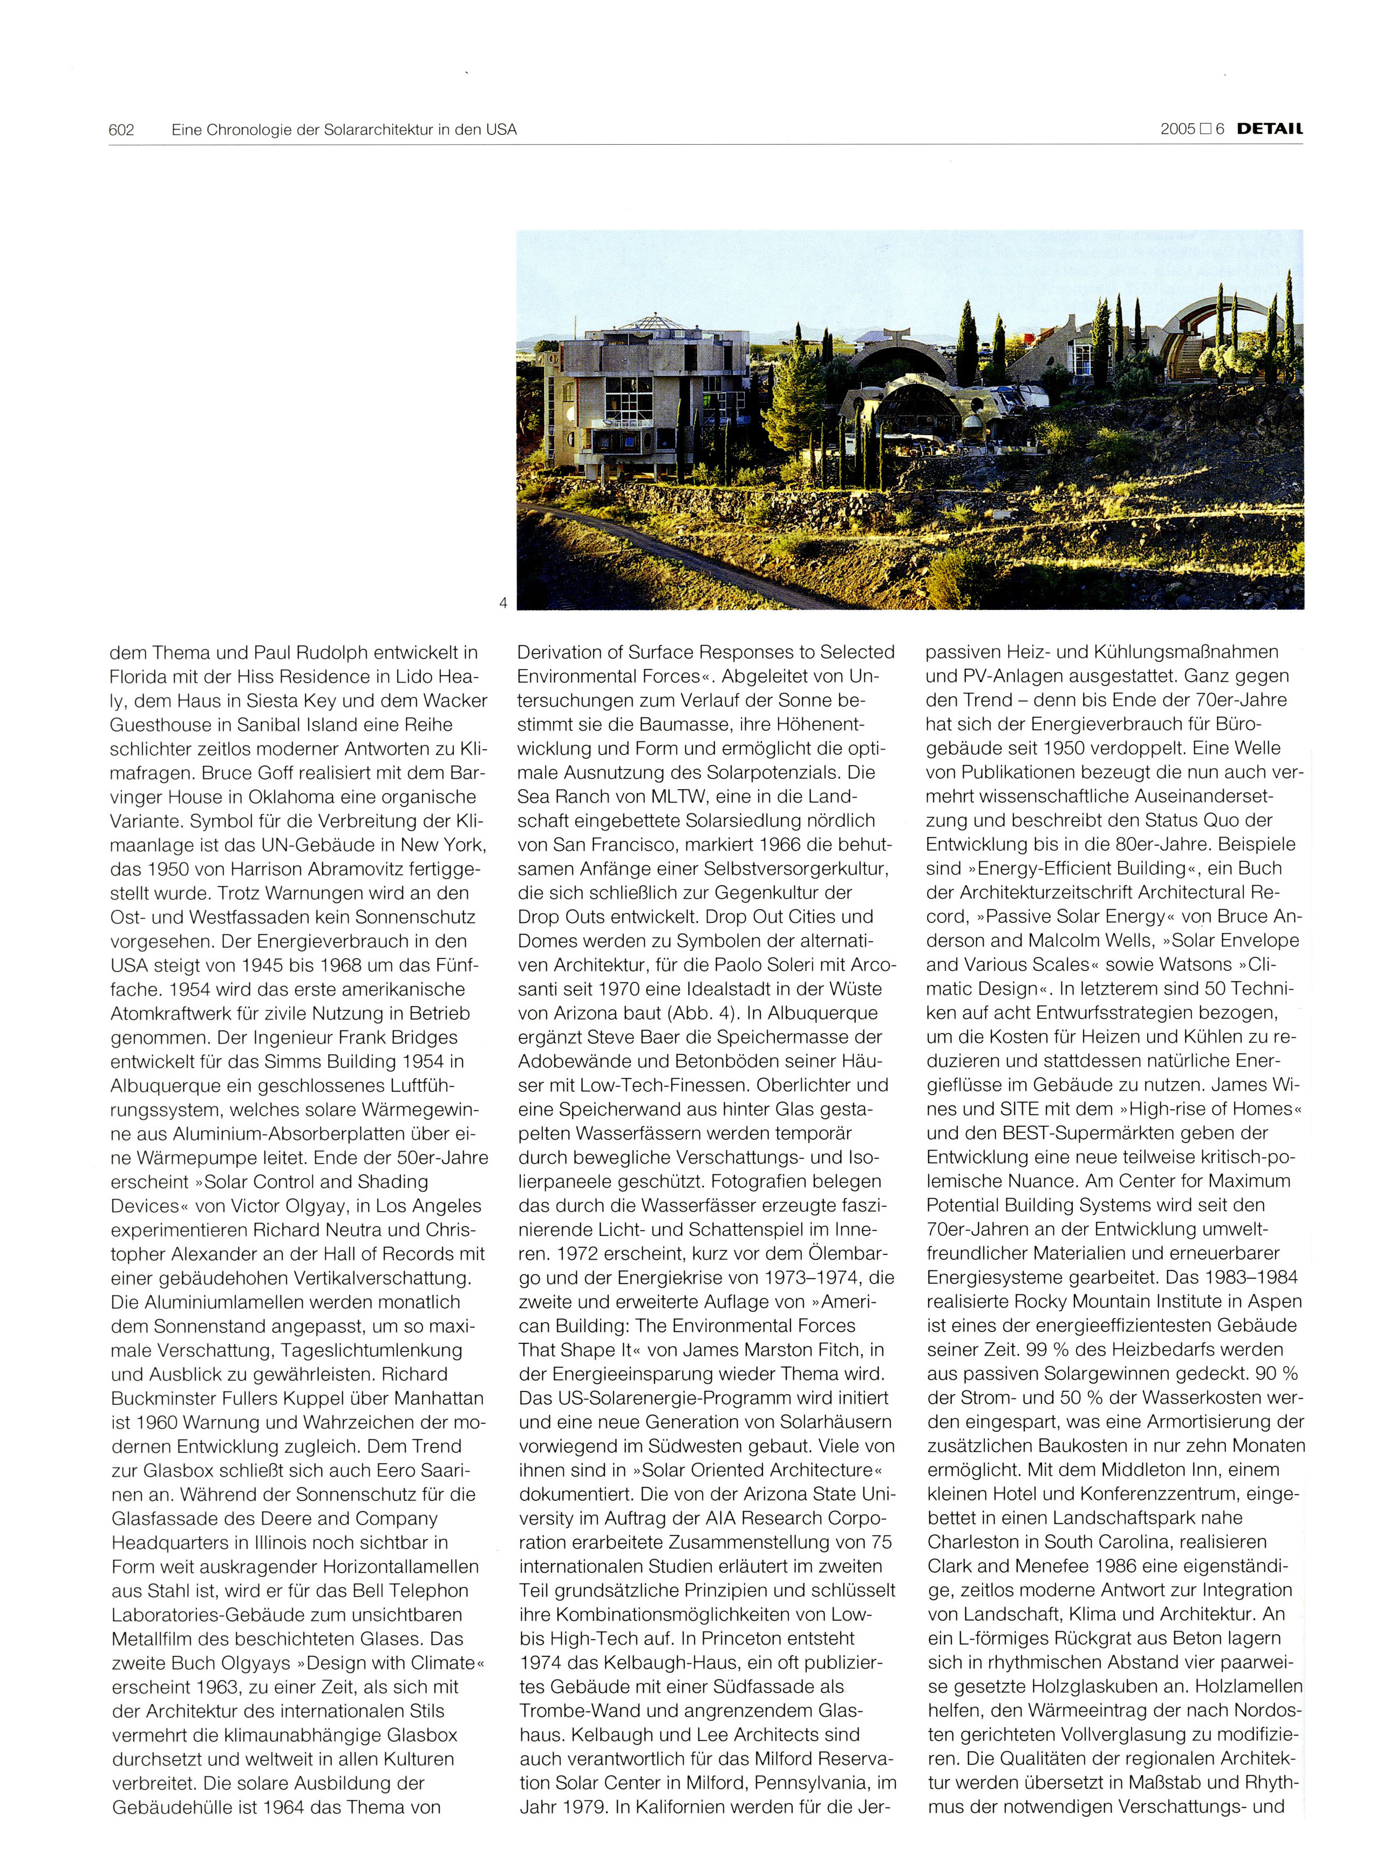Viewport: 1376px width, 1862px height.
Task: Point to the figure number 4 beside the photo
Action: [502, 602]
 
